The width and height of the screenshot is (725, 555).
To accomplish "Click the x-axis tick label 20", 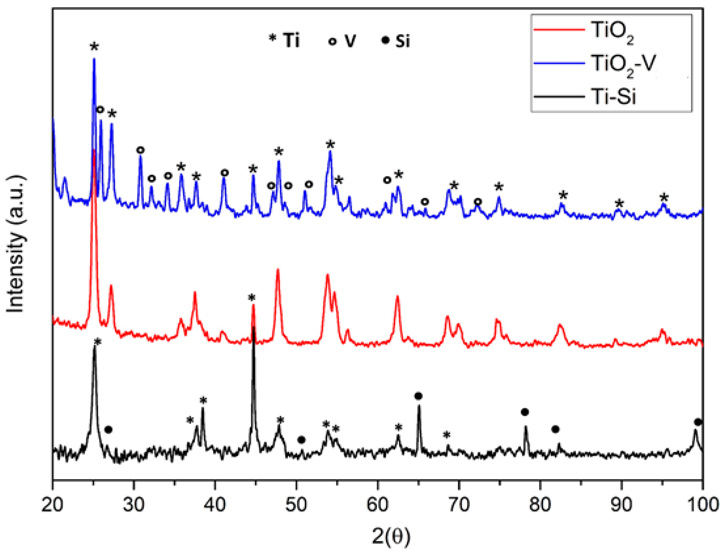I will coord(52,505).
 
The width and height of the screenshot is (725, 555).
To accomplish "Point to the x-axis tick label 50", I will coord(296,505).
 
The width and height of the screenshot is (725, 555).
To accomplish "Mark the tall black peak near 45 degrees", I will coord(253,329).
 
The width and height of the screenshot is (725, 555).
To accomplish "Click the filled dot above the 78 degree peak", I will coord(525,412).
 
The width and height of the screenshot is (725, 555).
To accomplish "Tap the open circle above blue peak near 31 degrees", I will coord(141,150).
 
